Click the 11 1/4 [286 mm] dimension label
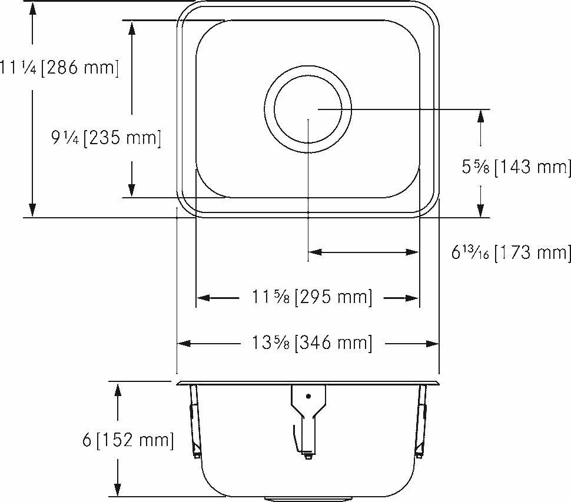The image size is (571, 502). (59, 68)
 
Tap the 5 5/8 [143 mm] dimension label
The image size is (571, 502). (516, 168)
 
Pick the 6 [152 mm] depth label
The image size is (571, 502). (128, 440)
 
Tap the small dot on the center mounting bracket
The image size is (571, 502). (308, 396)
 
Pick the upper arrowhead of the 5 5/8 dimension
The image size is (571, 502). (481, 116)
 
